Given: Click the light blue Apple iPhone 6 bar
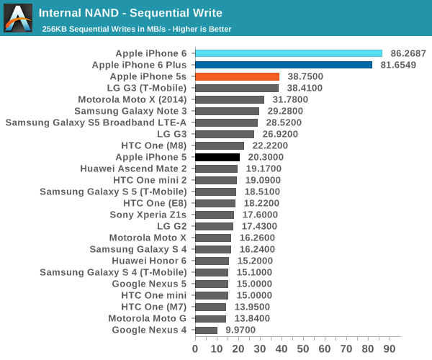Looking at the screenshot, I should coord(288,53).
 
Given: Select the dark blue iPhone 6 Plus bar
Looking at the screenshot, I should coord(283,65).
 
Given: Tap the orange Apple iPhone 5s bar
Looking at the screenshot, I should coord(237,76).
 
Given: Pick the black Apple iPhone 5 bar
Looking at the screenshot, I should coord(217,157).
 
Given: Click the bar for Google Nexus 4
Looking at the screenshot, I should coord(206,330).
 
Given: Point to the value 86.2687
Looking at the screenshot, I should coord(408,53).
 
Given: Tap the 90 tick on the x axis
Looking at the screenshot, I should coord(392,348).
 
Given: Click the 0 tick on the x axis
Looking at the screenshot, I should coord(195,348).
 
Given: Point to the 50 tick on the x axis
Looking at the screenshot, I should coord(304,348).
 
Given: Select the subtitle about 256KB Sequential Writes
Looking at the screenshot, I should coord(136,29).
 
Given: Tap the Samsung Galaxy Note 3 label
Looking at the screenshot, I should coord(130,111).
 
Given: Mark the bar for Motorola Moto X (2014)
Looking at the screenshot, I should coord(230,99).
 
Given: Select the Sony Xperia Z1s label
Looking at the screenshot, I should coord(148,215).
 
